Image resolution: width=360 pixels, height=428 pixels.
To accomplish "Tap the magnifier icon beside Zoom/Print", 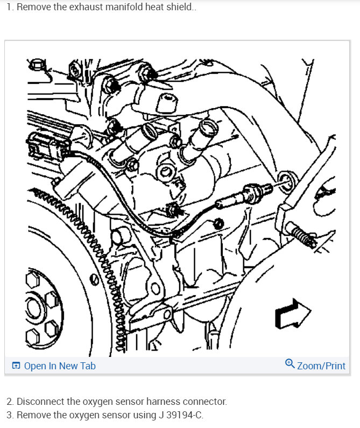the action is pyautogui.click(x=290, y=364).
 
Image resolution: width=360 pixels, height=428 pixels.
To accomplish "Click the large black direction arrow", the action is pyautogui.click(x=293, y=314).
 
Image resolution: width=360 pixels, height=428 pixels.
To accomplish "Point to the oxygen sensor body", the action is pyautogui.click(x=244, y=196).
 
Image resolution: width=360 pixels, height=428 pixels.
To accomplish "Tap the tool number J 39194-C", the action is pyautogui.click(x=180, y=415).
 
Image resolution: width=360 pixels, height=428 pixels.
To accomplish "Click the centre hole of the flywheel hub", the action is pyautogui.click(x=33, y=308).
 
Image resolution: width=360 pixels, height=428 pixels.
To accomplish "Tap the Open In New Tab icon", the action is pyautogui.click(x=16, y=366).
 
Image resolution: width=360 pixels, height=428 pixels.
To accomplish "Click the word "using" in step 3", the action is pyautogui.click(x=144, y=416).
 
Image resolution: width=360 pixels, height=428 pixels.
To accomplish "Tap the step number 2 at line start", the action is pyautogui.click(x=10, y=402).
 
